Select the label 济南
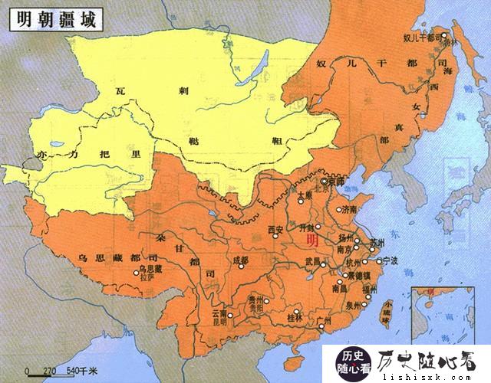point(350,209)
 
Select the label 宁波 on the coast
point(391,261)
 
